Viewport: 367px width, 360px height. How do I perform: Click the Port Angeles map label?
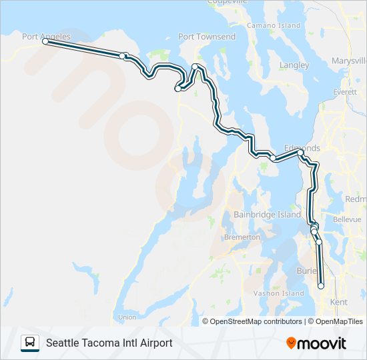[46, 37]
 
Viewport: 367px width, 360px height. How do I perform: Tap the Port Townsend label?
[207, 37]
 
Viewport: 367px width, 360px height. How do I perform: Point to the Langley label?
[294, 65]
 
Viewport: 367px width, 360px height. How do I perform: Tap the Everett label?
[345, 91]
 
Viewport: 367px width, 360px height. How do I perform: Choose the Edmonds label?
[302, 147]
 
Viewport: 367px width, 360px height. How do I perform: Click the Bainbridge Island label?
[267, 215]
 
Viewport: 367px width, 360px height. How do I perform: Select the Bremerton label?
[242, 237]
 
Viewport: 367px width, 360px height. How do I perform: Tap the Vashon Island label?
[279, 293]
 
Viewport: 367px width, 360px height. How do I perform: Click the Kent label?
[339, 302]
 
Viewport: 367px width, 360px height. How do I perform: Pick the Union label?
[127, 317]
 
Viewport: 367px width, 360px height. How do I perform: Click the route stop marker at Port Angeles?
[45, 41]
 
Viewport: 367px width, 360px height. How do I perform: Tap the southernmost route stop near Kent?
[321, 286]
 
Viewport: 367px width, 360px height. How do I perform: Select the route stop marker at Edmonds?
[300, 153]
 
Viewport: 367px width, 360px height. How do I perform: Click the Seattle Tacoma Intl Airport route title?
[109, 343]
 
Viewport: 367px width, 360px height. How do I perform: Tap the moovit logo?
[316, 343]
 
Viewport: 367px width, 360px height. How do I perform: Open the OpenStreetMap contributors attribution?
[256, 321]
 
